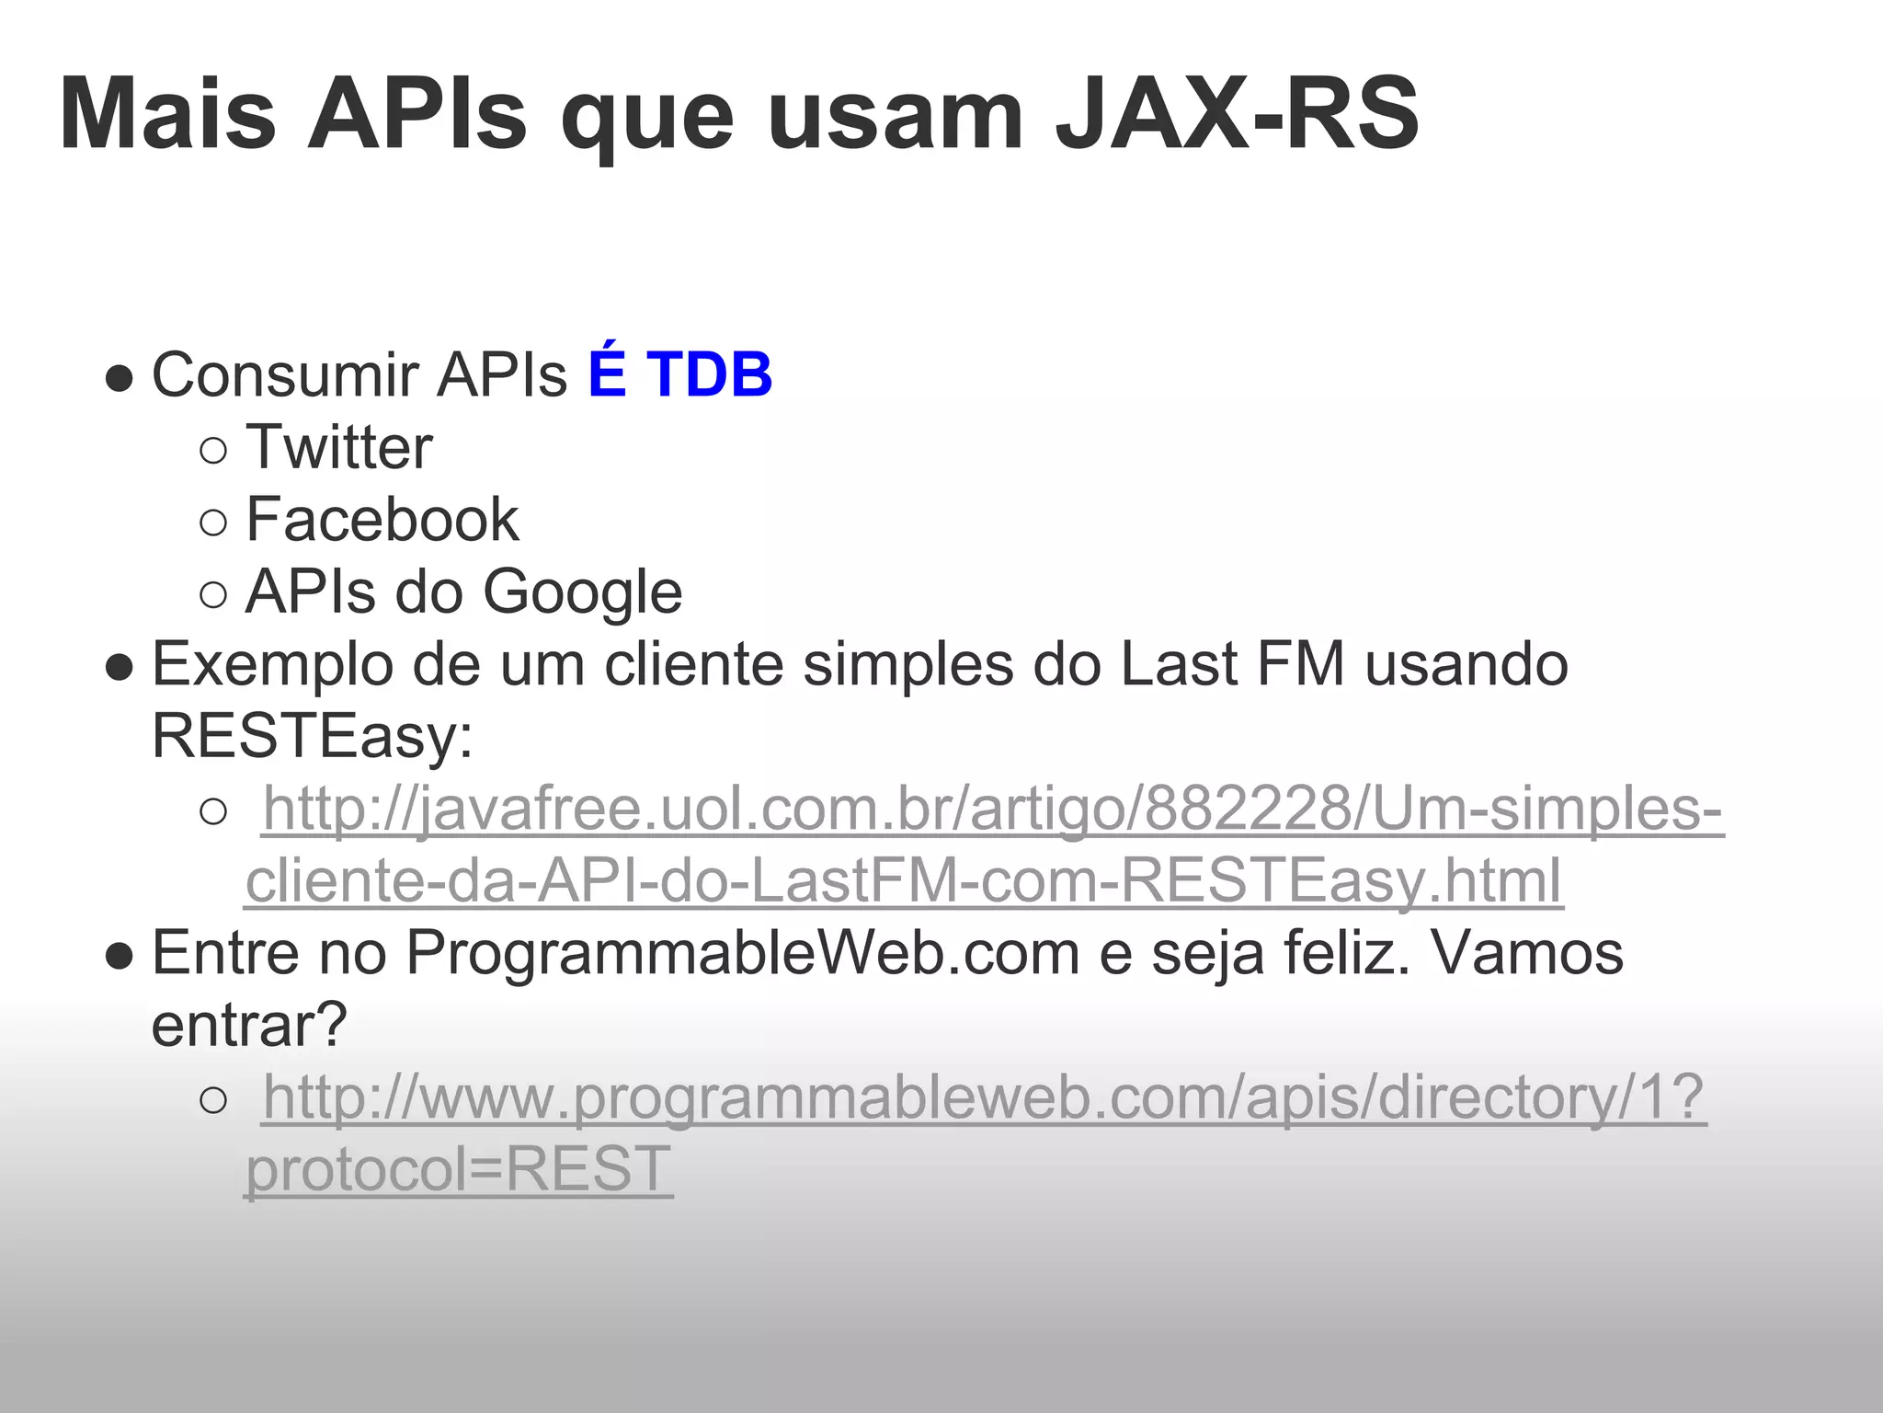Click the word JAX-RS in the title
(x=1237, y=115)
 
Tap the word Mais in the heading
(x=168, y=115)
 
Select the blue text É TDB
(x=679, y=374)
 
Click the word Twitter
(x=339, y=448)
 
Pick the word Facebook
(x=382, y=520)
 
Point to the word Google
(x=583, y=592)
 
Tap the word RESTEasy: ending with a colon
(x=313, y=736)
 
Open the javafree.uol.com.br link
(x=993, y=810)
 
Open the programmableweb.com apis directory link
(x=984, y=1097)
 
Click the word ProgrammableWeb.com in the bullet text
(x=743, y=953)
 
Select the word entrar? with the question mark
(x=249, y=1025)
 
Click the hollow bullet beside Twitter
(x=212, y=451)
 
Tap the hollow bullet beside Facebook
(x=212, y=523)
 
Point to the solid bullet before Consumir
(x=119, y=377)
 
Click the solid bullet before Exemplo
(x=119, y=667)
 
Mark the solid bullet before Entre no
(x=119, y=956)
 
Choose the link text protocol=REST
(x=459, y=1170)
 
